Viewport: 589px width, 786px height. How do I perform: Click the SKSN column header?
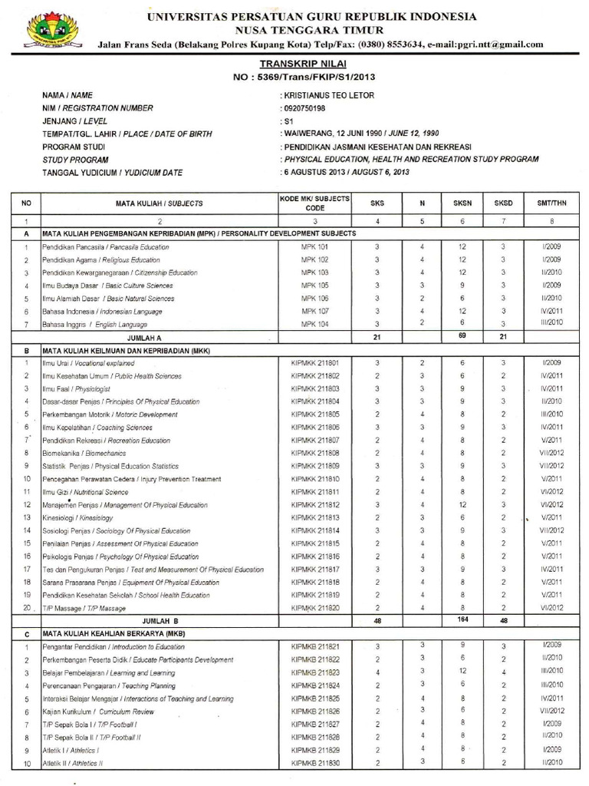pos(462,203)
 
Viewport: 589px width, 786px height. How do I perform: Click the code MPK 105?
pos(314,285)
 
